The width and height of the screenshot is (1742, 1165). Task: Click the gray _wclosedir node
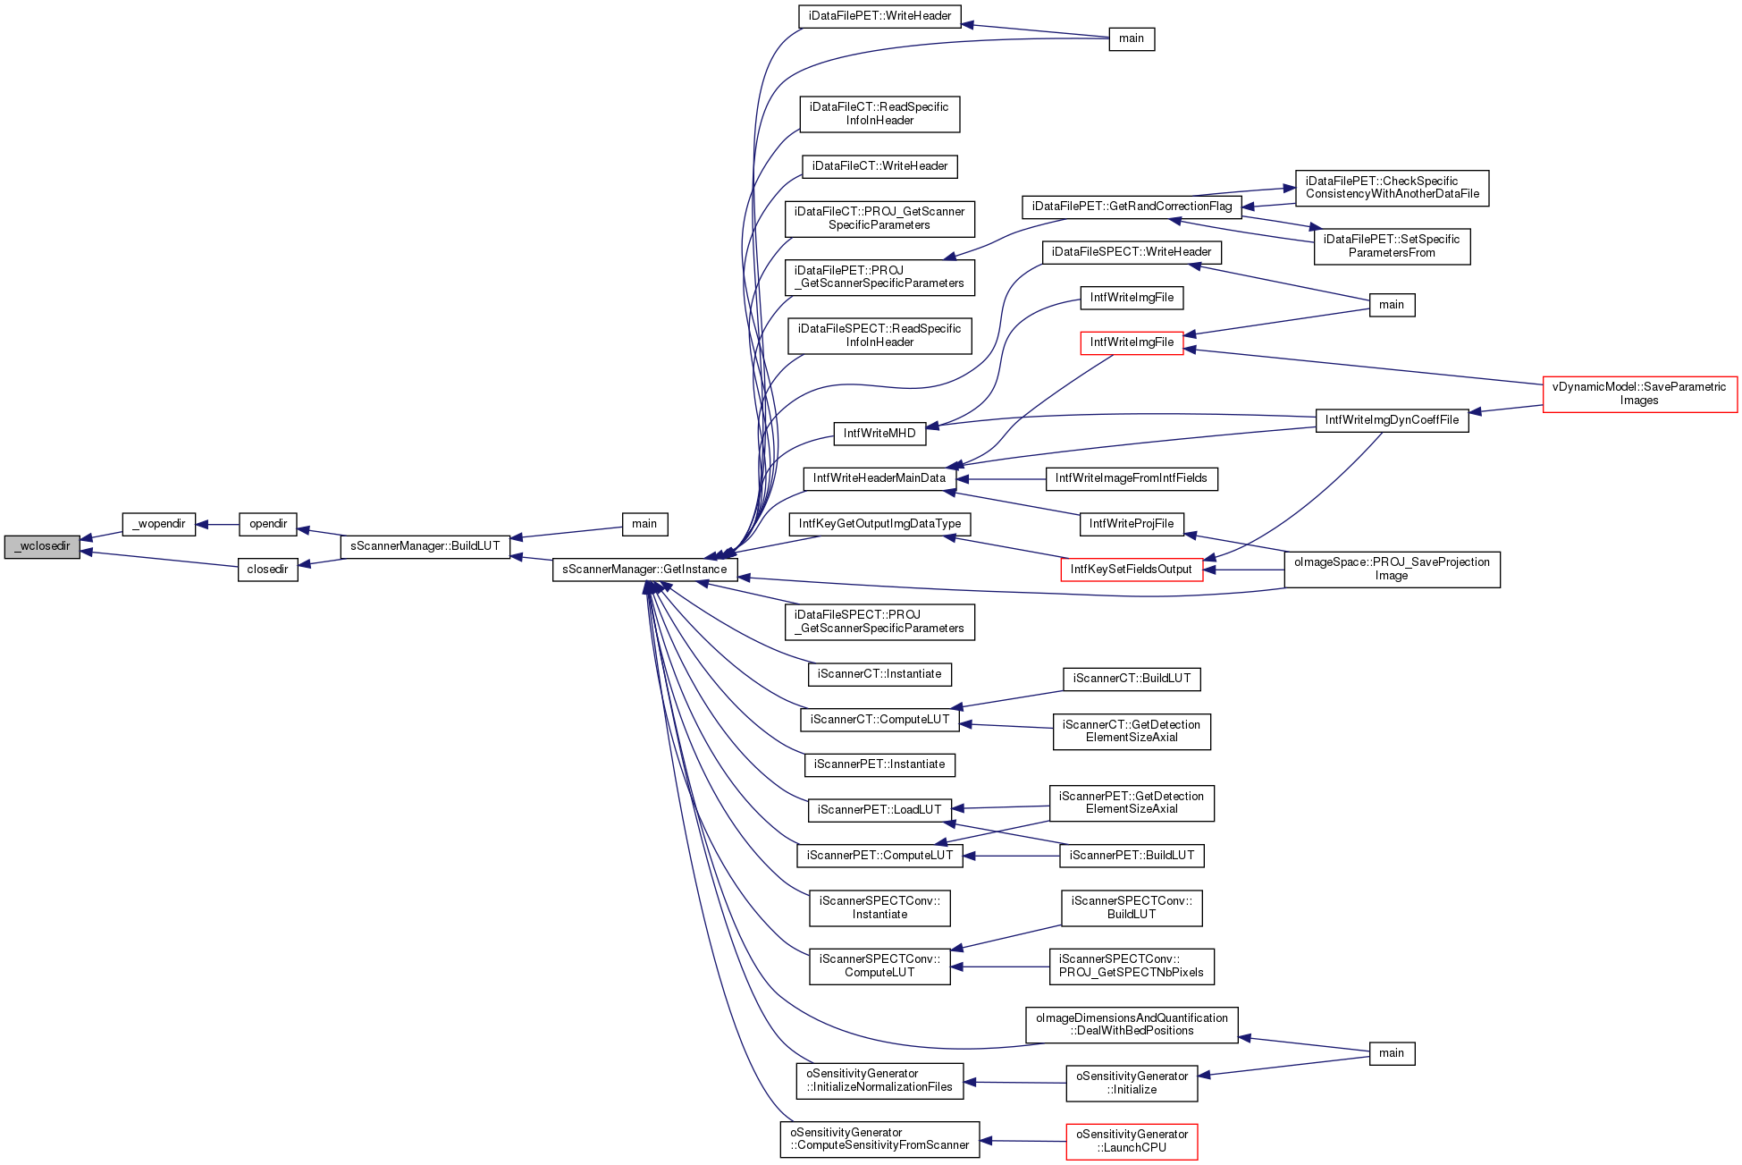pyautogui.click(x=42, y=546)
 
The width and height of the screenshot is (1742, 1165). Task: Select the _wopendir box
pyautogui.click(x=159, y=524)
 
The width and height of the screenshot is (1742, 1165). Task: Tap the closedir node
pyautogui.click(x=268, y=570)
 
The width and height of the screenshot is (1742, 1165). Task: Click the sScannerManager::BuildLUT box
pyautogui.click(x=425, y=546)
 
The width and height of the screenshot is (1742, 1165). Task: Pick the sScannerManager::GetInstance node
pyautogui.click(x=645, y=570)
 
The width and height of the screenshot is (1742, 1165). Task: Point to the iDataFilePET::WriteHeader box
pyautogui.click(x=880, y=16)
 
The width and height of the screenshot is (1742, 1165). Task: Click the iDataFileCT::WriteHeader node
pyautogui.click(x=880, y=166)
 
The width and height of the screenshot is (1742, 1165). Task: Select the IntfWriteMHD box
pyautogui.click(x=880, y=434)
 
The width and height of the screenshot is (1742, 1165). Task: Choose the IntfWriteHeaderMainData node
pyautogui.click(x=880, y=478)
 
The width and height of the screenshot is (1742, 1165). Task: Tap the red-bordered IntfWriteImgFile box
pyautogui.click(x=1132, y=342)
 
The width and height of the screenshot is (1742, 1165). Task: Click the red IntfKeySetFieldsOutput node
pyautogui.click(x=1132, y=570)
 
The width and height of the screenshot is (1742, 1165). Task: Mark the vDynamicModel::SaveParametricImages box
pyautogui.click(x=1640, y=394)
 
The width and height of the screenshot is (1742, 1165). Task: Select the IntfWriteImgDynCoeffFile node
pyautogui.click(x=1393, y=420)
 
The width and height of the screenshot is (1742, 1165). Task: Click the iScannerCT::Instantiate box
pyautogui.click(x=880, y=674)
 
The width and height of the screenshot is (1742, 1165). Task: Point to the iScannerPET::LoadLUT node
pyautogui.click(x=880, y=810)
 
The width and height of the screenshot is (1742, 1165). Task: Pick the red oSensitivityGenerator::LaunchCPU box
pyautogui.click(x=1132, y=1142)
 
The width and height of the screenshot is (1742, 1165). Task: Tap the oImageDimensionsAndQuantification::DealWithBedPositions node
pyautogui.click(x=1132, y=1025)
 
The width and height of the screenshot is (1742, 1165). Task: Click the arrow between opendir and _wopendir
pyautogui.click(x=217, y=525)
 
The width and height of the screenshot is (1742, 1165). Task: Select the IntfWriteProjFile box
pyautogui.click(x=1132, y=524)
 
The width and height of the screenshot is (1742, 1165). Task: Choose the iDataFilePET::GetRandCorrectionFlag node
pyautogui.click(x=1132, y=207)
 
